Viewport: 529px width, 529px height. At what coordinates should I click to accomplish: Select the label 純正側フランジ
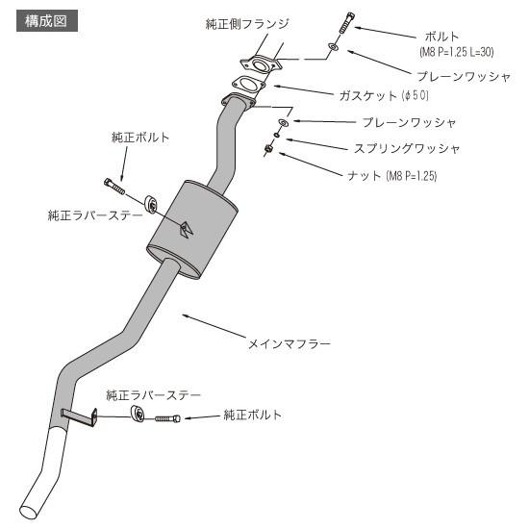(x=247, y=23)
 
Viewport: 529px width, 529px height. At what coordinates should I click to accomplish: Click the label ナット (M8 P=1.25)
(x=391, y=176)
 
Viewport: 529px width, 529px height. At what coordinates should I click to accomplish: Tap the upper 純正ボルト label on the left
(x=139, y=138)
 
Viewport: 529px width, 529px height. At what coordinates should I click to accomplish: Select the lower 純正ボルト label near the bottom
(x=253, y=415)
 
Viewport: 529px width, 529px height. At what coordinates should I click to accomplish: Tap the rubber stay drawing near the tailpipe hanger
(x=138, y=415)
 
